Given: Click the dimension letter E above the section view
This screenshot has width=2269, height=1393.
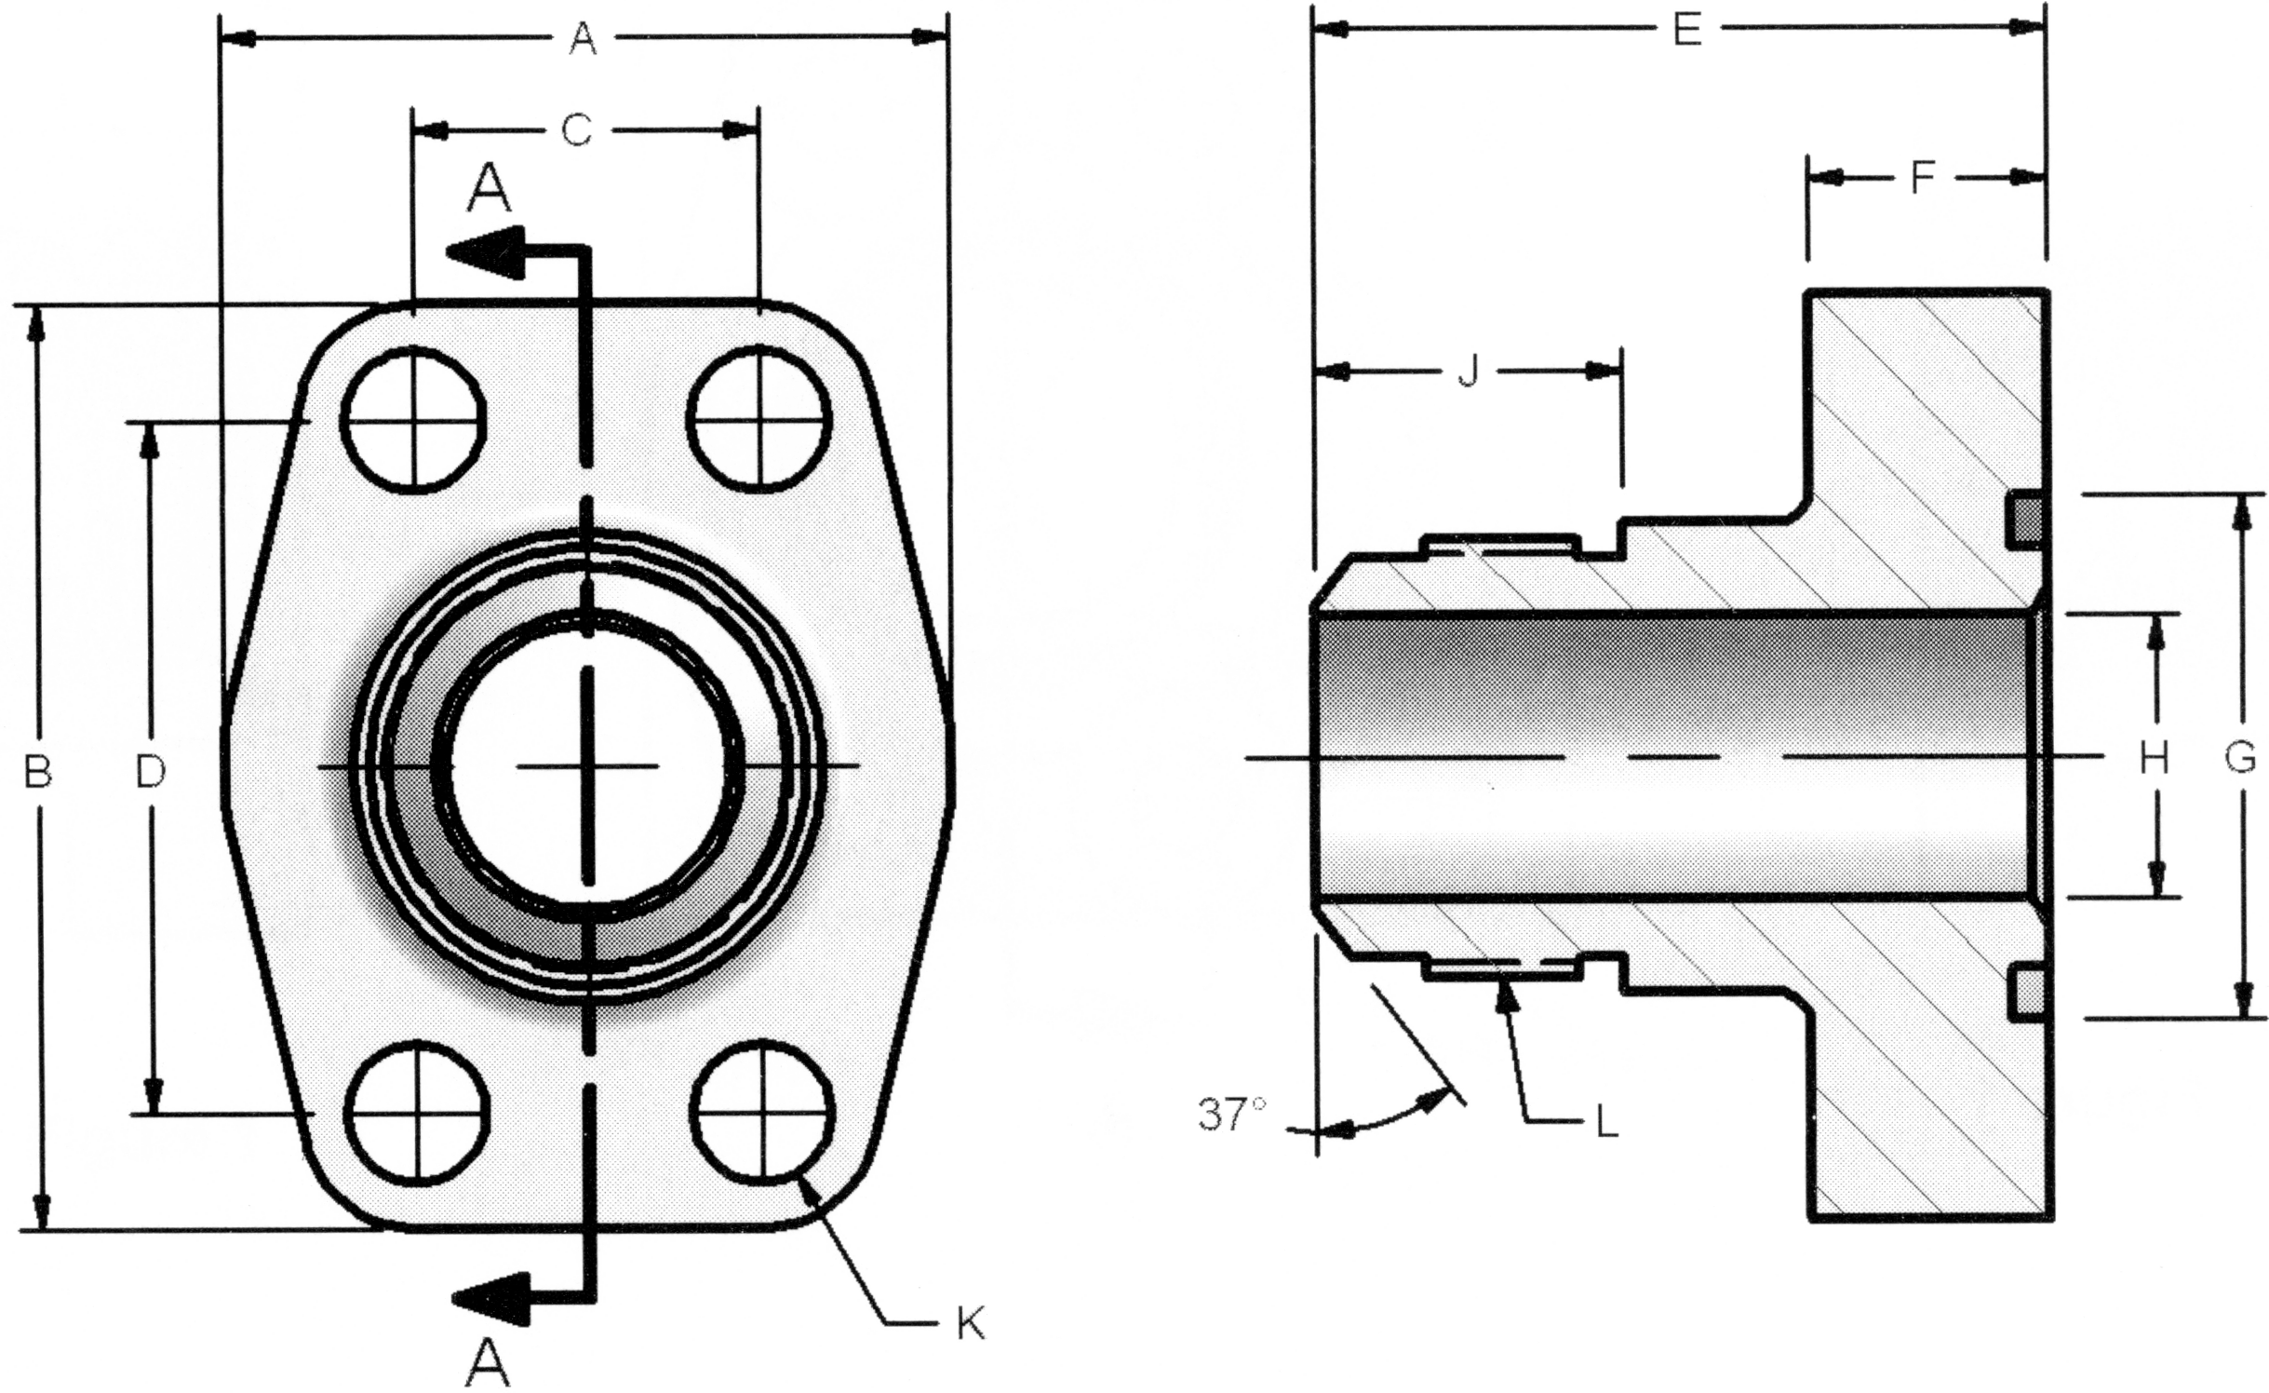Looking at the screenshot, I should [x=1686, y=31].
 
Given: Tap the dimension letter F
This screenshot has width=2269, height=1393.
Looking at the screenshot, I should [x=1923, y=177].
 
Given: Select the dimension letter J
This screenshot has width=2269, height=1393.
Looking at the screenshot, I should [x=1468, y=372].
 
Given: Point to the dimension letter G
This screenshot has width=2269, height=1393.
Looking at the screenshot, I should [x=2240, y=757].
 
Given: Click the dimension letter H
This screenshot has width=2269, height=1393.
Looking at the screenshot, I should [x=2154, y=758].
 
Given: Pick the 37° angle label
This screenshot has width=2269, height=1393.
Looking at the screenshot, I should [x=1231, y=1114].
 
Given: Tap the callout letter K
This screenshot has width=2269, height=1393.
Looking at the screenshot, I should [x=970, y=1324].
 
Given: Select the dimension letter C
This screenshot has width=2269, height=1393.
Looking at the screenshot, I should [x=577, y=131].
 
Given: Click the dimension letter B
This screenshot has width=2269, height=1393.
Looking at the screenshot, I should [x=37, y=771].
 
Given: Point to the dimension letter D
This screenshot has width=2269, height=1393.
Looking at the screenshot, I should [x=150, y=771].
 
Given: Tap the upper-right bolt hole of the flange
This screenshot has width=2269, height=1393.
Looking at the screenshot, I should [x=759, y=418].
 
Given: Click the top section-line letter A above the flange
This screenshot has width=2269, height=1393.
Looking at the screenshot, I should [x=489, y=188].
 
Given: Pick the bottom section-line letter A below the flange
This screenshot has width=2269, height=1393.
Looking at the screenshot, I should [x=487, y=1365].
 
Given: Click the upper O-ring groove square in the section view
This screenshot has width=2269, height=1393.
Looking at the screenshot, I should [x=2025, y=520].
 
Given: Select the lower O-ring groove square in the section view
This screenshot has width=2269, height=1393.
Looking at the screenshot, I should [x=2025, y=994].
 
